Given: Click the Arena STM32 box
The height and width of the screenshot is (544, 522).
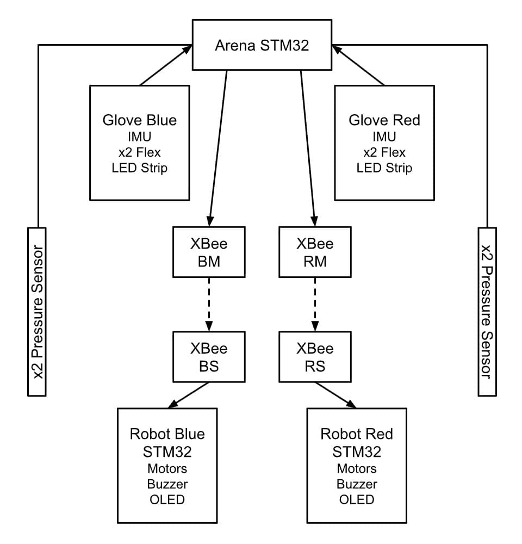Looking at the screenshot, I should [x=262, y=45].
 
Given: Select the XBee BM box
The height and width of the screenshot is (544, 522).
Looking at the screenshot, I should [x=209, y=252].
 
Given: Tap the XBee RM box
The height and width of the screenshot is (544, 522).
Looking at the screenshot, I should [x=315, y=252].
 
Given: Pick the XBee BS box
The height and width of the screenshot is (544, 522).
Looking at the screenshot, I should [x=209, y=357].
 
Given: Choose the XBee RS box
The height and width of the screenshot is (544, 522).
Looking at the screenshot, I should [x=315, y=357].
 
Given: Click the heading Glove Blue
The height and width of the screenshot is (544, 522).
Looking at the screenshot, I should [x=139, y=120].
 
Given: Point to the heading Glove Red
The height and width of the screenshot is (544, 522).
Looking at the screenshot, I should [x=384, y=120].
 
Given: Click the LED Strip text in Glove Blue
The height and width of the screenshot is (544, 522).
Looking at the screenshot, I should [x=139, y=168].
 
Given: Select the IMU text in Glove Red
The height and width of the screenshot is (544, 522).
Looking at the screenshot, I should [x=384, y=137].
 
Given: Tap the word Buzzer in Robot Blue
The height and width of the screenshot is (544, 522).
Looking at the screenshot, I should [x=167, y=484].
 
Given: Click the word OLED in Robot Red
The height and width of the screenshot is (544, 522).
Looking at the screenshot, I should [x=357, y=499].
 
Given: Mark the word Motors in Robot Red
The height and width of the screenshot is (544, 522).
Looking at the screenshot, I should [x=357, y=468].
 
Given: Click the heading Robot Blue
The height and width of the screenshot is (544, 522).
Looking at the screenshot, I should [x=167, y=434].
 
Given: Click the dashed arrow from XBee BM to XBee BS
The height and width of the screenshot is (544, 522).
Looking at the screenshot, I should [x=209, y=305].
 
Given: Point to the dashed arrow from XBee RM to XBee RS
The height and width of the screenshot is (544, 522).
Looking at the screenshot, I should [x=315, y=305].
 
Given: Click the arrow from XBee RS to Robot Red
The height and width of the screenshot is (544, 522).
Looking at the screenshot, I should [x=335, y=395].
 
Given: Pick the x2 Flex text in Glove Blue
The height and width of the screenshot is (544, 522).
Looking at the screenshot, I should [x=139, y=152].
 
